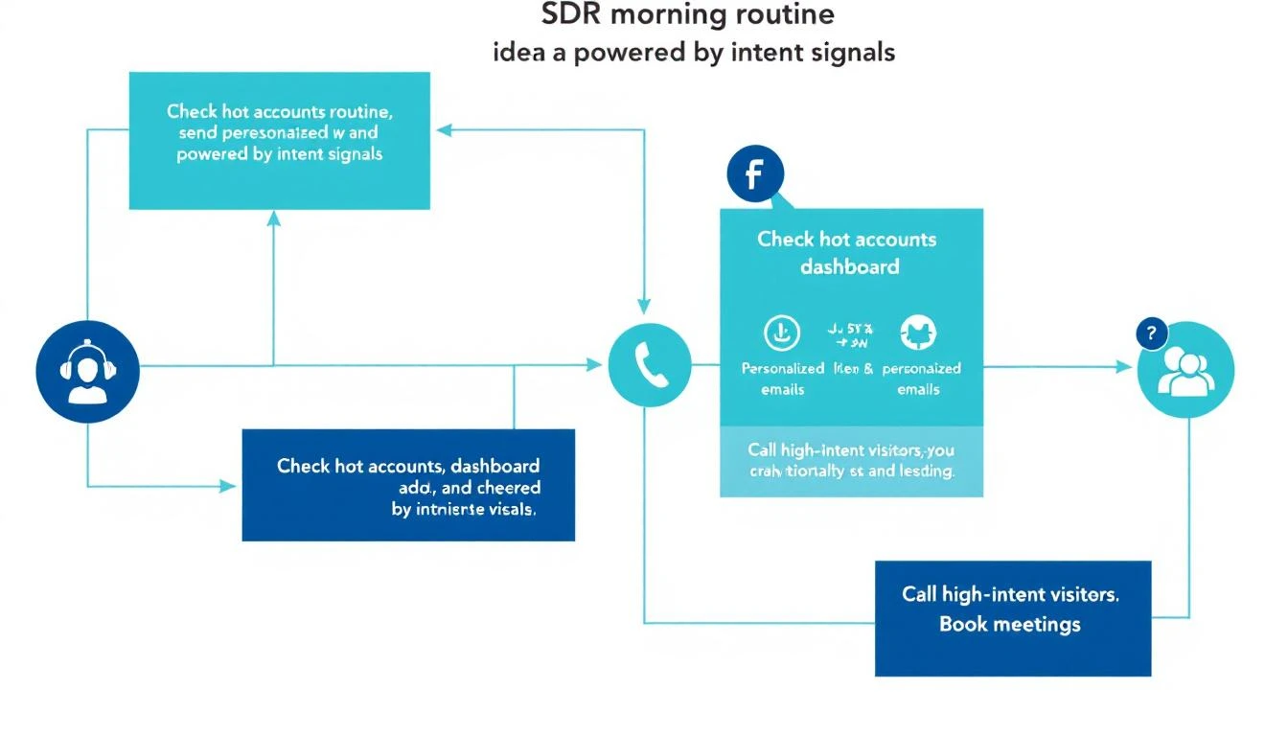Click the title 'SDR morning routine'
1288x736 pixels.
(687, 14)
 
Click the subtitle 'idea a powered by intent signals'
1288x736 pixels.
(694, 52)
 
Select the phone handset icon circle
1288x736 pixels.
(650, 364)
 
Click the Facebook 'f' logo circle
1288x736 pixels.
(755, 175)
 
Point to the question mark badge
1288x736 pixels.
(1150, 333)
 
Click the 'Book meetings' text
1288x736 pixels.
(1010, 625)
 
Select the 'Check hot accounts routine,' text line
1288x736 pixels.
(279, 112)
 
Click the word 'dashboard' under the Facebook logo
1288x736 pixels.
(850, 266)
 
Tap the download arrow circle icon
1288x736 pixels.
(780, 333)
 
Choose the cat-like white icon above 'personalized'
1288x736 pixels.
(918, 333)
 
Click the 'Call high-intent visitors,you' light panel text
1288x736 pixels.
(851, 450)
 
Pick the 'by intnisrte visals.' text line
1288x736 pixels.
(464, 510)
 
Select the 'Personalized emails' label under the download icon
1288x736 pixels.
(782, 379)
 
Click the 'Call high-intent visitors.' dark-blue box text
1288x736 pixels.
(1010, 594)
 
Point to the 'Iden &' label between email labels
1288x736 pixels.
(853, 368)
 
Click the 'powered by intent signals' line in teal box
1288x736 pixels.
(279, 154)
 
